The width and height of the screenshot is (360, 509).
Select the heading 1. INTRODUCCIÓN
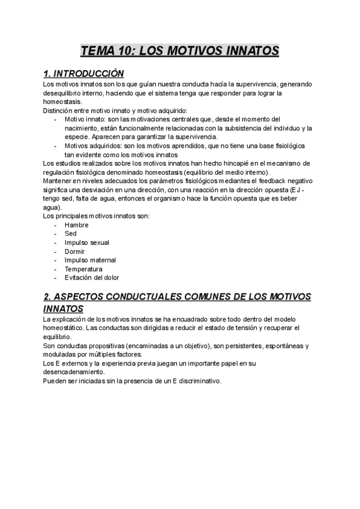[84, 74]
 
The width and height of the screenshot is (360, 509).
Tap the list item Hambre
[76, 225]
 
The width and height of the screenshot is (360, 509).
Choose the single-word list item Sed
[71, 234]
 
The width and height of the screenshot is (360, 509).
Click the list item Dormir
[75, 251]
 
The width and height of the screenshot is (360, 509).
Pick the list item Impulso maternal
[90, 260]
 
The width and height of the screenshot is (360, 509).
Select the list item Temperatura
[83, 269]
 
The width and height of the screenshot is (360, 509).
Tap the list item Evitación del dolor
[92, 278]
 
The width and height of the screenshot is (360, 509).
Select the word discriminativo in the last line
[199, 381]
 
